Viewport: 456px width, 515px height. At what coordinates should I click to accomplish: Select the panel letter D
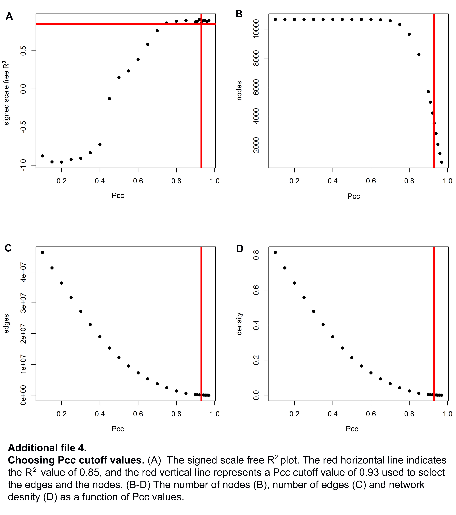point(240,249)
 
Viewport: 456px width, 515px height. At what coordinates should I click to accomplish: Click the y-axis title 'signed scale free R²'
point(6,93)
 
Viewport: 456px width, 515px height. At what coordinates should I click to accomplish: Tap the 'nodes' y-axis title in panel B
point(239,91)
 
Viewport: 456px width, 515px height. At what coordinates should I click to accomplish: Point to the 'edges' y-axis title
point(6,324)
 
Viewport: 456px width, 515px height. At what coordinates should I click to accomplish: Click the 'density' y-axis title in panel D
point(239,324)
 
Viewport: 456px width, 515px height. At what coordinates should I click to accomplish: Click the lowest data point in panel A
point(61,162)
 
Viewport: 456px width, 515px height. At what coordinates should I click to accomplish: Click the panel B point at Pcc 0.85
point(419,54)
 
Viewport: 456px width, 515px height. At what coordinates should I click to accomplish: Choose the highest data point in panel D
point(275,252)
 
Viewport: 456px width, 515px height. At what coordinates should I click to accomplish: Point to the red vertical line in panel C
point(201,324)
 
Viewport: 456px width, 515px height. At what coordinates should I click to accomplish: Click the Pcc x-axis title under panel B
point(354,197)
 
